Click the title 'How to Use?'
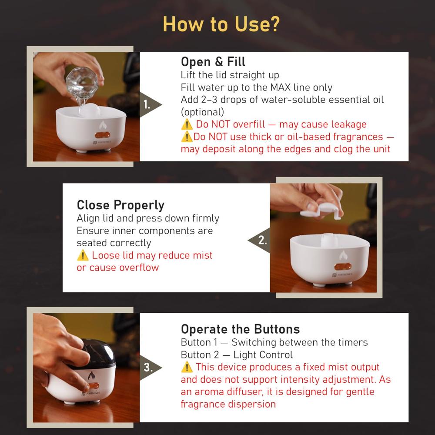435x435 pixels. coord(221,24)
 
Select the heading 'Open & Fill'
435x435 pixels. coord(213,61)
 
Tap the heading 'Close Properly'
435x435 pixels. coord(120,205)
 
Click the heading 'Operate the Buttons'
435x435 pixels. coord(240,329)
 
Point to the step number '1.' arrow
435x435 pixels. coord(150,105)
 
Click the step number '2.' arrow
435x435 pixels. coord(260,240)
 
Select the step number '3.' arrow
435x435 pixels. coord(150,368)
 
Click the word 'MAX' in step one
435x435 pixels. coord(283,87)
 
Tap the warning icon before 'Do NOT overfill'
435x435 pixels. coord(186,125)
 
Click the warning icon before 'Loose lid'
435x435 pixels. coord(82,255)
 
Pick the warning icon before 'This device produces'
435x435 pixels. coord(186,368)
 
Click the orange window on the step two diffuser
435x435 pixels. coord(342,266)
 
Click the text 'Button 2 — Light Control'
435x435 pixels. coord(237,355)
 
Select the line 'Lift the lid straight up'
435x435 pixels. coord(230,75)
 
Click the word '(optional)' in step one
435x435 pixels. coord(202,112)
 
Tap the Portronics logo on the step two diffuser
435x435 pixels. coord(342,275)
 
